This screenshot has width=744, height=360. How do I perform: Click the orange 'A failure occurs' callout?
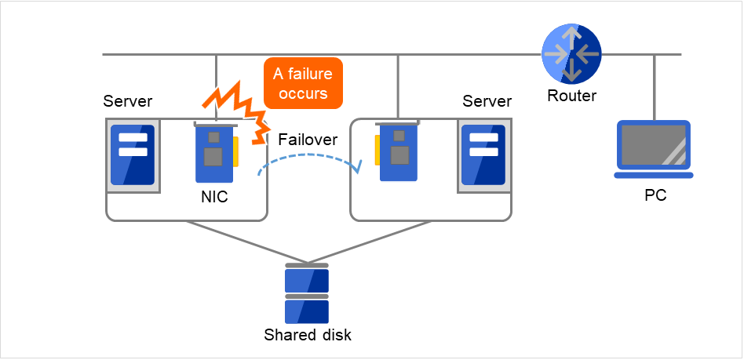point(303,83)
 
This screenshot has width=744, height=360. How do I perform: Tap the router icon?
point(572,54)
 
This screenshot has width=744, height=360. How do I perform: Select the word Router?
point(572,96)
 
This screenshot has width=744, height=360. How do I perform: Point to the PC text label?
point(655,195)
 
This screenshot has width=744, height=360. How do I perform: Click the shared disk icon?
point(306,294)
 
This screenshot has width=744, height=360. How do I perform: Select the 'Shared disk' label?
point(308,335)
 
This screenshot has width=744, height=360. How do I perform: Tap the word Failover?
point(308,140)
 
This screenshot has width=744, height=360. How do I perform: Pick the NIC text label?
point(213,197)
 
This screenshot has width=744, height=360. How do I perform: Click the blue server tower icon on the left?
point(133,153)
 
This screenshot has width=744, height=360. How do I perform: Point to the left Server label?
point(128,101)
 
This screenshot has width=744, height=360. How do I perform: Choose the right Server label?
point(487,101)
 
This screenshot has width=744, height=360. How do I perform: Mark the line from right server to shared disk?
point(369,242)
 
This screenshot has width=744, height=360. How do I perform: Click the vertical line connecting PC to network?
point(654,86)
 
